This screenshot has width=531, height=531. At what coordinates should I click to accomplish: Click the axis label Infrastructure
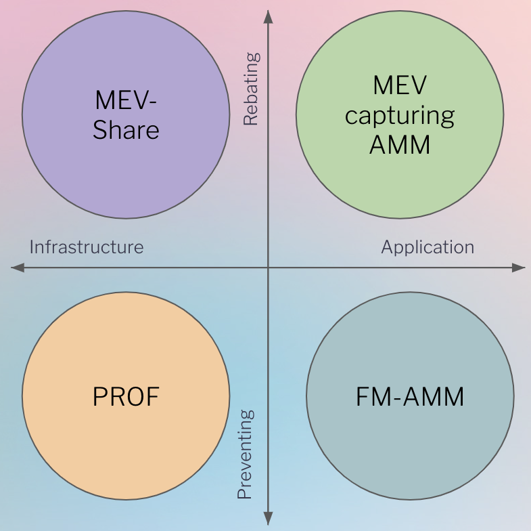[x=87, y=247]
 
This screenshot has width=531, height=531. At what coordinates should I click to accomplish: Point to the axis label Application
[x=428, y=247]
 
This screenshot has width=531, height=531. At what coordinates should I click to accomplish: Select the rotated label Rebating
[x=251, y=89]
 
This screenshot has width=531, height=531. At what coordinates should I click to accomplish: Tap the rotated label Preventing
[x=246, y=454]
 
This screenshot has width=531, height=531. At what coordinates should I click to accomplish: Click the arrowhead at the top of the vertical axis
[x=269, y=15]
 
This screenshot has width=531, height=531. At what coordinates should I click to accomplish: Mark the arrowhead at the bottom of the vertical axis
[x=269, y=519]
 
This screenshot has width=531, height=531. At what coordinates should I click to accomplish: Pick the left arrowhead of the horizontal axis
[x=17, y=268]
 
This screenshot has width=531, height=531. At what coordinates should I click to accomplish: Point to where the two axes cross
[x=269, y=268]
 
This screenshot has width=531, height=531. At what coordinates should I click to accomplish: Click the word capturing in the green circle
[x=400, y=116]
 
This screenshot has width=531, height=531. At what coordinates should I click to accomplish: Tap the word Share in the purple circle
[x=126, y=129]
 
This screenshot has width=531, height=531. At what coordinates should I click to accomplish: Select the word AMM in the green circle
[x=400, y=144]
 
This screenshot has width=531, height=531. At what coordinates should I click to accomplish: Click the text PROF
[x=126, y=396]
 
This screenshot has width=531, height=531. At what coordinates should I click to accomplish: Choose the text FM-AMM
[x=410, y=396]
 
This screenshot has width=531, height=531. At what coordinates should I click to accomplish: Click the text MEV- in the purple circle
[x=126, y=101]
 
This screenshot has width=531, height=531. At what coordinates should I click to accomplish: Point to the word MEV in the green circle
[x=400, y=85]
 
